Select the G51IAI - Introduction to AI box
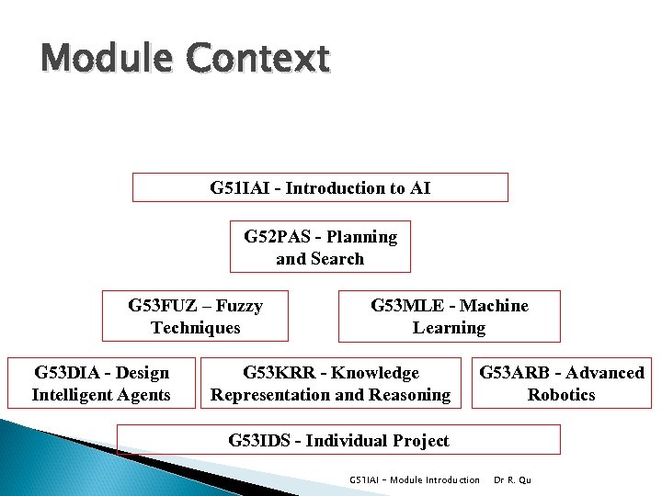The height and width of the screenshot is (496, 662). point(320,187)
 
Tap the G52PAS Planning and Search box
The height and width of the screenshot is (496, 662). point(320,247)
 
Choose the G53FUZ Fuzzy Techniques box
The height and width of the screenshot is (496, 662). point(195,316)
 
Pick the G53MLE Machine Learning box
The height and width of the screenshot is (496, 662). point(449,316)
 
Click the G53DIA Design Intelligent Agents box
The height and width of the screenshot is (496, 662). point(101,383)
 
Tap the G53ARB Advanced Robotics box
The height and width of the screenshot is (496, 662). point(561,383)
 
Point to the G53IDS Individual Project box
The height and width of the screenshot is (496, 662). point(338,440)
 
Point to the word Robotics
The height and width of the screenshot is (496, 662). point(561,395)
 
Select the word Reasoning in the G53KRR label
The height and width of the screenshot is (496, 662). point(410,395)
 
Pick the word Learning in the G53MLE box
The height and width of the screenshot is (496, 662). point(449,328)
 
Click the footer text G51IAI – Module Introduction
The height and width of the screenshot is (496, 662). point(415,479)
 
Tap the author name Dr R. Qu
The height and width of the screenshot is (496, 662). point(513,479)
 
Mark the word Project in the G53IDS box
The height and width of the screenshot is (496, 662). point(419,441)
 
